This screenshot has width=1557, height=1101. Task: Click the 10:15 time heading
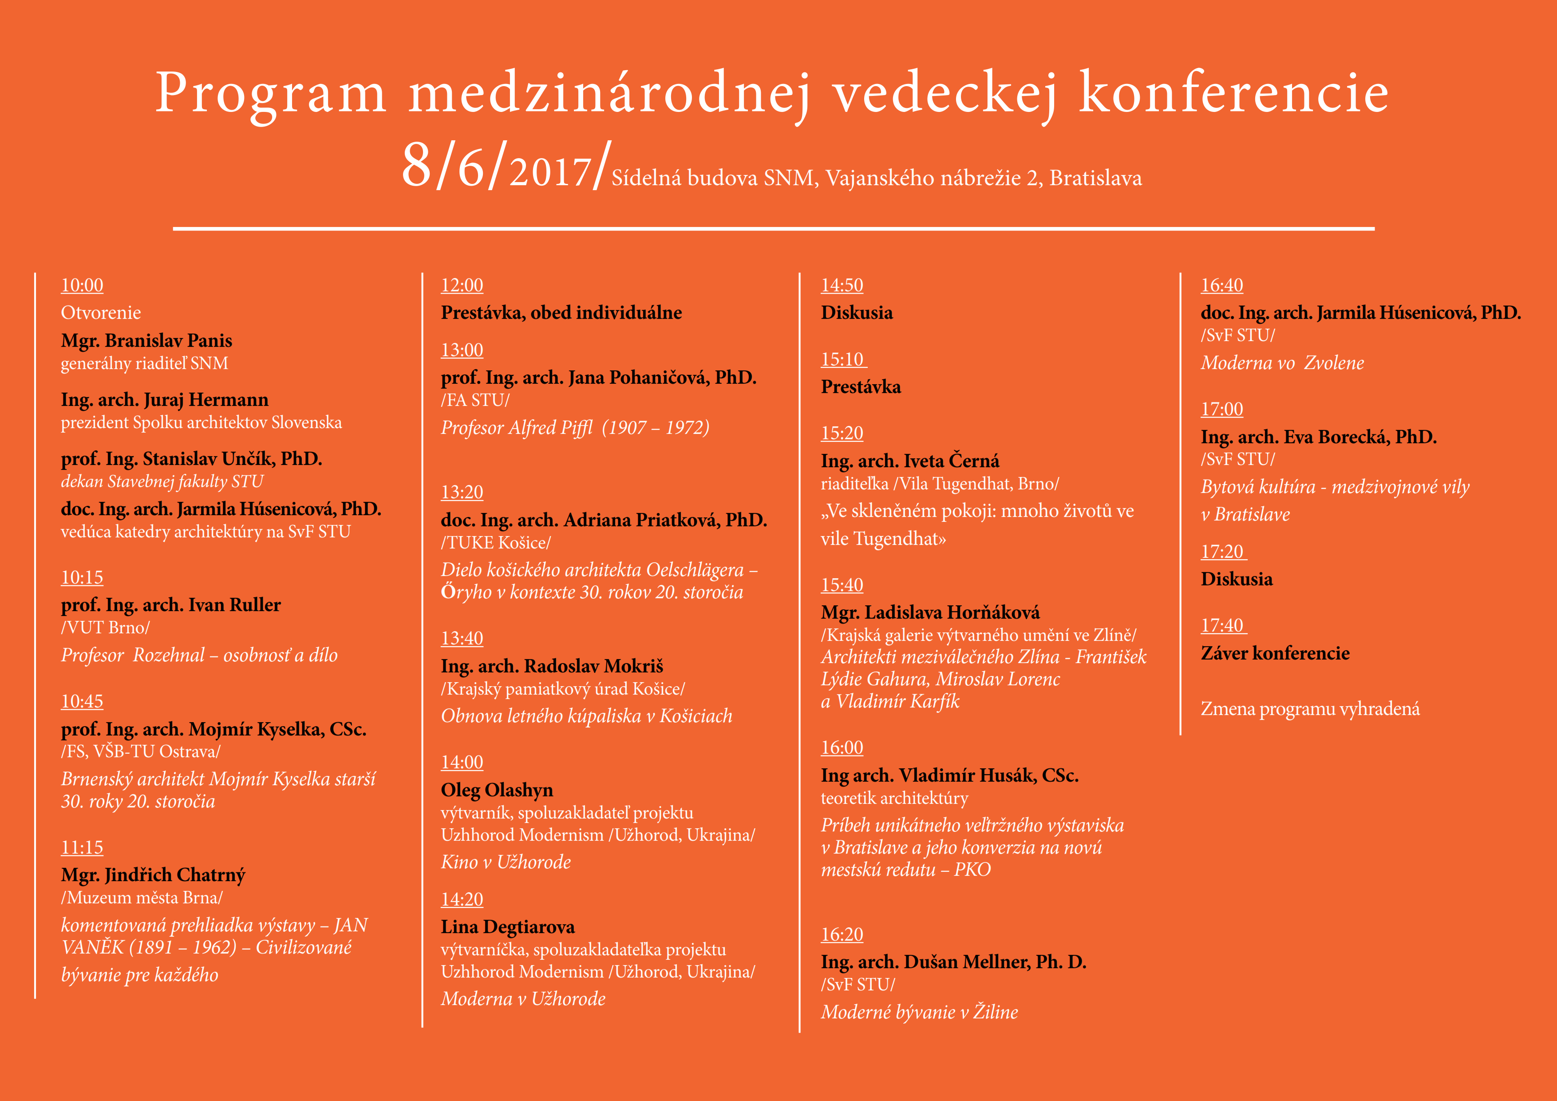pos(82,577)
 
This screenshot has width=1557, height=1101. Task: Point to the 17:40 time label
pos(1222,625)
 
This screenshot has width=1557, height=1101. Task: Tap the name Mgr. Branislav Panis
pos(146,341)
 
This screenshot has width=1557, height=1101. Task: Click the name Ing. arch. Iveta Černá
pos(910,461)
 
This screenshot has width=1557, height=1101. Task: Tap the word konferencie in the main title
pos(1233,93)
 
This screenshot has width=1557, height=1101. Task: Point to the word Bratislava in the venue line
pos(1096,179)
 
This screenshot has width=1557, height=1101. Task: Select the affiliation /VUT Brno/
pos(105,628)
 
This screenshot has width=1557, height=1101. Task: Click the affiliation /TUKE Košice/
pos(496,543)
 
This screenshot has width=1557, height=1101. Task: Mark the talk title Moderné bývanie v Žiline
pos(919,1012)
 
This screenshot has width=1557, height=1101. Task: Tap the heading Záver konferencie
pos(1275,653)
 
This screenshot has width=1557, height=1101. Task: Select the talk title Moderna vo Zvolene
pos(1282,363)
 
